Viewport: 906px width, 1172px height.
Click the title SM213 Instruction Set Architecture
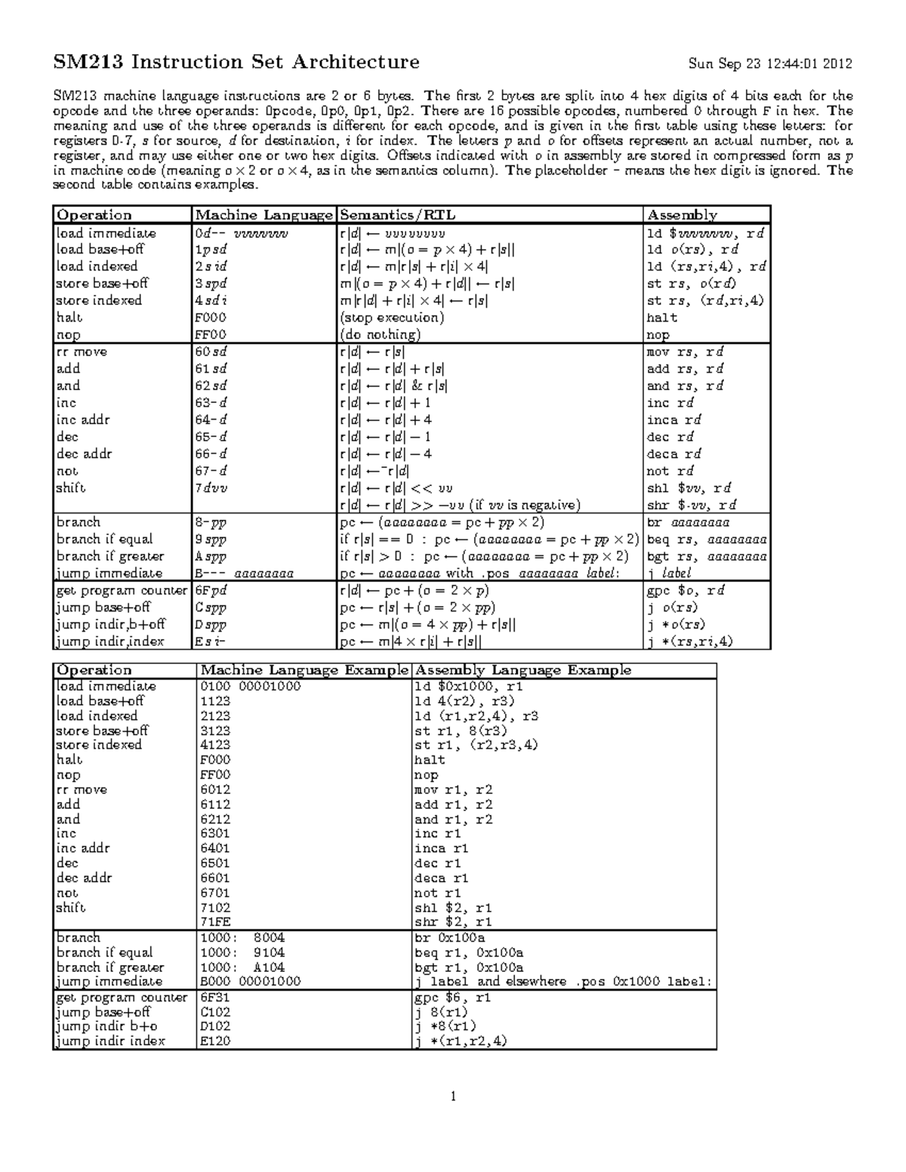click(236, 62)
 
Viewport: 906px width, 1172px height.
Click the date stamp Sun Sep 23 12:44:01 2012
click(770, 63)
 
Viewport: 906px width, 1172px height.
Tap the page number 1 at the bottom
click(452, 1097)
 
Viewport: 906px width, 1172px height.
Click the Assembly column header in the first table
click(682, 215)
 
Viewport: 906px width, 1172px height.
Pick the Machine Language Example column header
click(304, 670)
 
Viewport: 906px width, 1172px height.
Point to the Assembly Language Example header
click(522, 670)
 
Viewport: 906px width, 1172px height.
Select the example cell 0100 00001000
click(250, 686)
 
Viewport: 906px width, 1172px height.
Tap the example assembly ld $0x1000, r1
click(468, 686)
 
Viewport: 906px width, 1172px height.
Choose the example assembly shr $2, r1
click(453, 922)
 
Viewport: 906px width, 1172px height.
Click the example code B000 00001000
click(250, 982)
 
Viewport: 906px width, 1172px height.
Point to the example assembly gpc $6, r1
click(453, 997)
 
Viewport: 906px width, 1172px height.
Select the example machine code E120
click(215, 1041)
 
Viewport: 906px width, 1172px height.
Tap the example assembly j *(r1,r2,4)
click(461, 1041)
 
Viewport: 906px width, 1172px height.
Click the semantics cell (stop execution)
click(392, 318)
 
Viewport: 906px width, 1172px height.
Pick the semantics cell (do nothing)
click(380, 335)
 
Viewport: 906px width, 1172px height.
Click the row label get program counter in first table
click(121, 590)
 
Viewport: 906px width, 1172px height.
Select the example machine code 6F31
click(215, 997)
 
